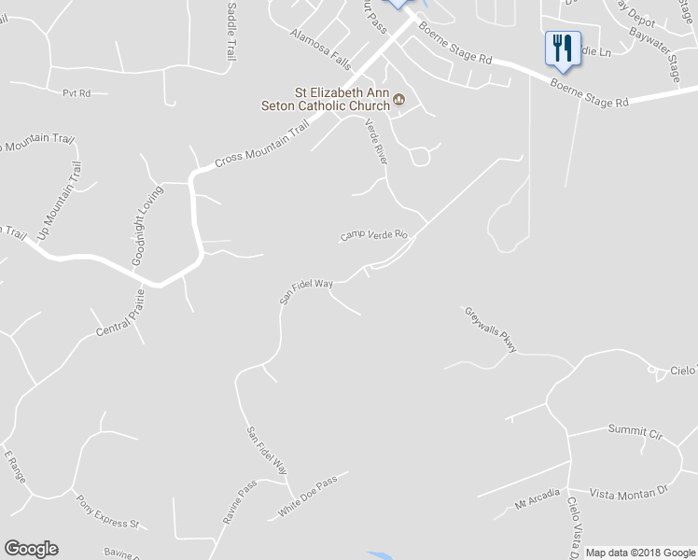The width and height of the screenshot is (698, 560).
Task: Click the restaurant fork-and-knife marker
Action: pyautogui.click(x=562, y=49)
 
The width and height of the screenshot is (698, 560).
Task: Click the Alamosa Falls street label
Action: pyautogui.click(x=320, y=49)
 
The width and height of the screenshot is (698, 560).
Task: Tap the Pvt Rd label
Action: pyautogui.click(x=77, y=93)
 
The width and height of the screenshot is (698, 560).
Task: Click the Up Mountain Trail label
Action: pyautogui.click(x=59, y=201)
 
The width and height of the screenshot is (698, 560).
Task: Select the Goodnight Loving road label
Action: pyautogui.click(x=147, y=226)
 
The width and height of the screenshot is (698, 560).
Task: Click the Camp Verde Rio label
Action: pyautogui.click(x=374, y=235)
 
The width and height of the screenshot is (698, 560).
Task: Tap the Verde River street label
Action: pyautogui.click(x=375, y=142)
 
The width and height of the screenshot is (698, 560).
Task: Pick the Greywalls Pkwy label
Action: pyautogui.click(x=491, y=329)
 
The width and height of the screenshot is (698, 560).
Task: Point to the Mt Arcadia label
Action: pyautogui.click(x=538, y=498)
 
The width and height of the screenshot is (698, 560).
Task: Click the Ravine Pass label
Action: pyautogui.click(x=240, y=502)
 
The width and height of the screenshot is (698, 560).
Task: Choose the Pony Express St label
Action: pyautogui.click(x=107, y=511)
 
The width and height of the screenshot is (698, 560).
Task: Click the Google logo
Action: pyautogui.click(x=31, y=549)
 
